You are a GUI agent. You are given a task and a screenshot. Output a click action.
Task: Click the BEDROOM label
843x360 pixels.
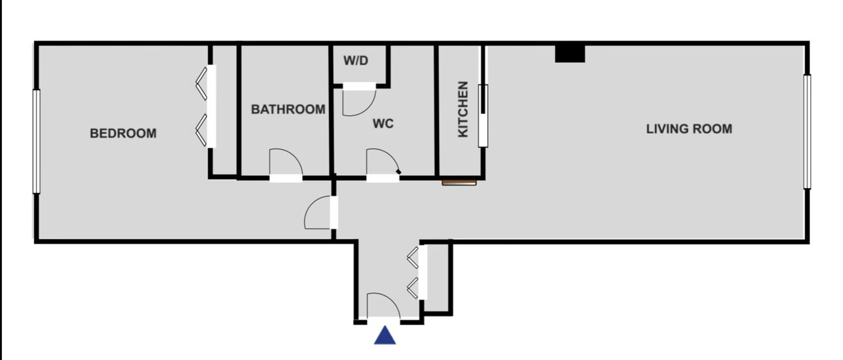pyautogui.click(x=123, y=133)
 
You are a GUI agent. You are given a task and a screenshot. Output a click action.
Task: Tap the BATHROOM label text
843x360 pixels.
pyautogui.click(x=288, y=109)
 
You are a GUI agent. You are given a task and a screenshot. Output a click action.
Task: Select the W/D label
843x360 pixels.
pyautogui.click(x=355, y=61)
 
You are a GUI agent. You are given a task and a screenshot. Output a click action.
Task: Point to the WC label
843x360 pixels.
pyautogui.click(x=383, y=123)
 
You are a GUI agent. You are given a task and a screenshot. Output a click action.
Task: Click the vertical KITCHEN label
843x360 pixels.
pyautogui.click(x=463, y=109)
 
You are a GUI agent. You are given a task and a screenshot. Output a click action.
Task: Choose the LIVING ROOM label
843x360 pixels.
pyautogui.click(x=689, y=129)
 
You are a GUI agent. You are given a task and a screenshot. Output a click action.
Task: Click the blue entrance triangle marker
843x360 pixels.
pyautogui.click(x=384, y=335)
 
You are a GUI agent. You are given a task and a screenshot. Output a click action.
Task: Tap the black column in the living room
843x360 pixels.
pyautogui.click(x=570, y=54)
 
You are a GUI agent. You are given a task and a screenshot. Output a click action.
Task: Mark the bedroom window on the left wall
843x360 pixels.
pyautogui.click(x=36, y=141)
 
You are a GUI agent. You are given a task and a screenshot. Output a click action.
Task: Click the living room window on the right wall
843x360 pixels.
pyautogui.click(x=807, y=132)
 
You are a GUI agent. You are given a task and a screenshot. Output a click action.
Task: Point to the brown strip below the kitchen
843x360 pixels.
pyautogui.click(x=459, y=183)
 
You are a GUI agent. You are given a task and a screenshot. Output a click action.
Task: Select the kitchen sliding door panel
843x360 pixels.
pyautogui.click(x=483, y=116)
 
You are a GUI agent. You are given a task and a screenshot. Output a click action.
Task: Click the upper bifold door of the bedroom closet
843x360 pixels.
pyautogui.click(x=201, y=84)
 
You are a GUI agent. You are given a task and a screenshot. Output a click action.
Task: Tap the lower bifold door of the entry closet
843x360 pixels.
pyautogui.click(x=413, y=288)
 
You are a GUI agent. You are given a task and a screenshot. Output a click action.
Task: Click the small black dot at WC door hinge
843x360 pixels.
pyautogui.click(x=399, y=172)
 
